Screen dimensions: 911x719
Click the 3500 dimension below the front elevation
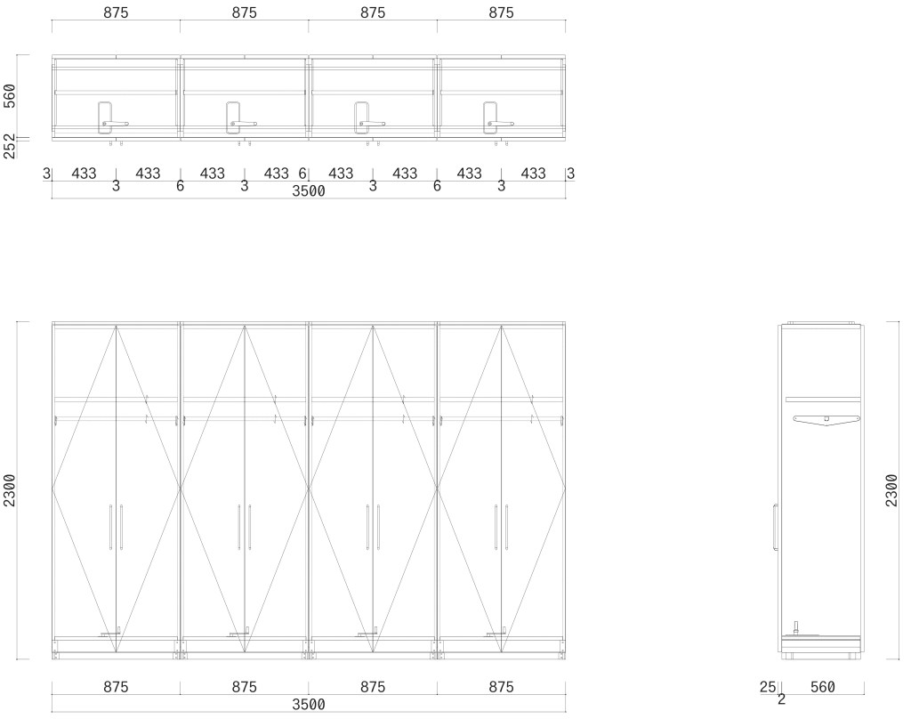click(309, 705)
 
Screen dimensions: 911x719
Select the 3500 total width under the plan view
click(309, 191)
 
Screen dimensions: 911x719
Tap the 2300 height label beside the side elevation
click(891, 490)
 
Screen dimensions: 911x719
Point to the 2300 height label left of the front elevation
click(10, 490)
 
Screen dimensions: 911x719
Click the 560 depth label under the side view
click(823, 687)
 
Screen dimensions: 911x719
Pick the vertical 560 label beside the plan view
click(10, 96)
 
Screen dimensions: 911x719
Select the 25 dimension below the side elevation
click(768, 687)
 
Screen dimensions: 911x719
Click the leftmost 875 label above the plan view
click(117, 12)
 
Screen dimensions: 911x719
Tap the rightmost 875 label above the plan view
click(502, 12)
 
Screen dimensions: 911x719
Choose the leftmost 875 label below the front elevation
click(117, 687)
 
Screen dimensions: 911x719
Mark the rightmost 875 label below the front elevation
click(502, 687)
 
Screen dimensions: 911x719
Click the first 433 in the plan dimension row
click(84, 174)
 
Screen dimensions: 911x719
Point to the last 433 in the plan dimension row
click(534, 174)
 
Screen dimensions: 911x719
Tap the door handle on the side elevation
click(775, 527)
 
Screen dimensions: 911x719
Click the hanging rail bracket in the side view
click(826, 420)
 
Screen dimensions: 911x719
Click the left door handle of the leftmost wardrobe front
click(110, 527)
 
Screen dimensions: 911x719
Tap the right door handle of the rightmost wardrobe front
click(506, 527)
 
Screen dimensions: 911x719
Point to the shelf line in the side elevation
click(822, 400)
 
